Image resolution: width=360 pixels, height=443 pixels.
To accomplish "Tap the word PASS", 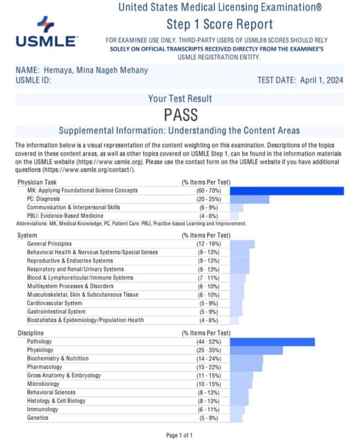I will (x=181, y=115).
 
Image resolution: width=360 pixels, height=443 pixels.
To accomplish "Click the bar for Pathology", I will (x=272, y=342).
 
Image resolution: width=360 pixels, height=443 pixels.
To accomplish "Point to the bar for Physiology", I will (x=256, y=351).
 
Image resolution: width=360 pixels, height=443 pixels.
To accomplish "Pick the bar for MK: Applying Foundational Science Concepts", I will (x=286, y=190).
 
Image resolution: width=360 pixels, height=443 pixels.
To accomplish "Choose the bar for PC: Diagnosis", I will (x=249, y=199).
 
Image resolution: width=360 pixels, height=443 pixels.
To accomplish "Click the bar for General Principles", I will (x=242, y=244).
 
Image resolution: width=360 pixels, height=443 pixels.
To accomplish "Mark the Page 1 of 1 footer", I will (x=179, y=435).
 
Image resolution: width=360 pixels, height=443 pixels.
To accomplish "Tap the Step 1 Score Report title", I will (x=219, y=24).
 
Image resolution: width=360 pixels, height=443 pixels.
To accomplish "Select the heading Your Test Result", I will (x=180, y=99).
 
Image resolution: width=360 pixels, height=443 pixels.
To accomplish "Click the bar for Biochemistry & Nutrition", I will (x=246, y=359).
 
